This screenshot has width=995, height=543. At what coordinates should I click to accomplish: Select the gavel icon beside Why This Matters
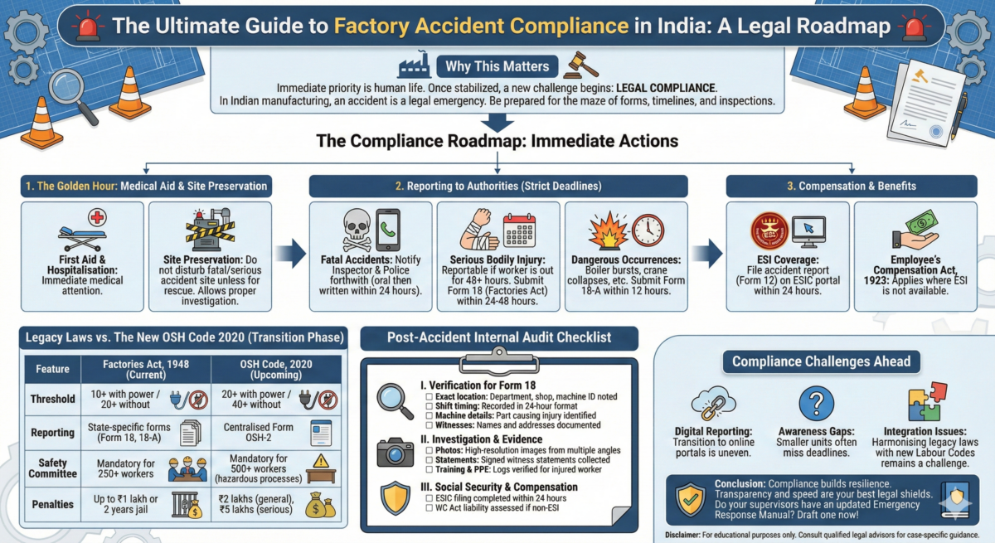[x=580, y=66]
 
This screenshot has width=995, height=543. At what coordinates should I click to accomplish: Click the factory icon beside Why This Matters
[x=416, y=66]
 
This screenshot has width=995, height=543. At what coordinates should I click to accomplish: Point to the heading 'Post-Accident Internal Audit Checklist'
[x=499, y=337]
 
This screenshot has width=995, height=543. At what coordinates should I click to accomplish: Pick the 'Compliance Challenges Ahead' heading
[x=821, y=361]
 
